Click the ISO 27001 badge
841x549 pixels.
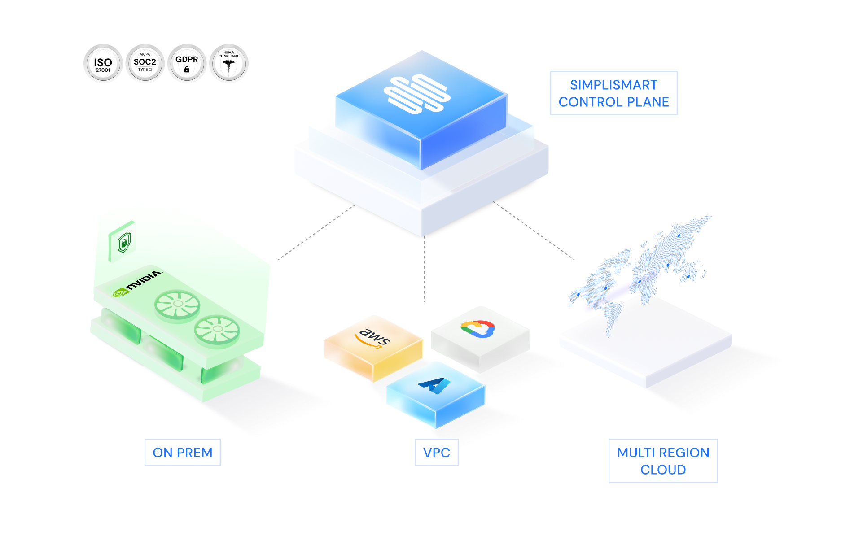[103, 64]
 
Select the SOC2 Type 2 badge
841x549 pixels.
[145, 64]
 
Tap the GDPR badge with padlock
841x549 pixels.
[187, 64]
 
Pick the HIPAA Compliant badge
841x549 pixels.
[229, 64]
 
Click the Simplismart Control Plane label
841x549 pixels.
[613, 93]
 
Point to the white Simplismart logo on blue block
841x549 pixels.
[416, 94]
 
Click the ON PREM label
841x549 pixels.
[182, 453]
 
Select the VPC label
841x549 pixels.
[436, 453]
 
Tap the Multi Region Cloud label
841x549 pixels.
[663, 461]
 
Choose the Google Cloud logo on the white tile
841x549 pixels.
[477, 329]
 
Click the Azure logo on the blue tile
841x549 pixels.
[434, 385]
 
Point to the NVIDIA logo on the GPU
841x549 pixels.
[137, 283]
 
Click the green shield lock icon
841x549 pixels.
[123, 243]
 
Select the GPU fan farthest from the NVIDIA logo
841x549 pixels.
[217, 330]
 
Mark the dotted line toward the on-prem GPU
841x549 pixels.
[314, 233]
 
